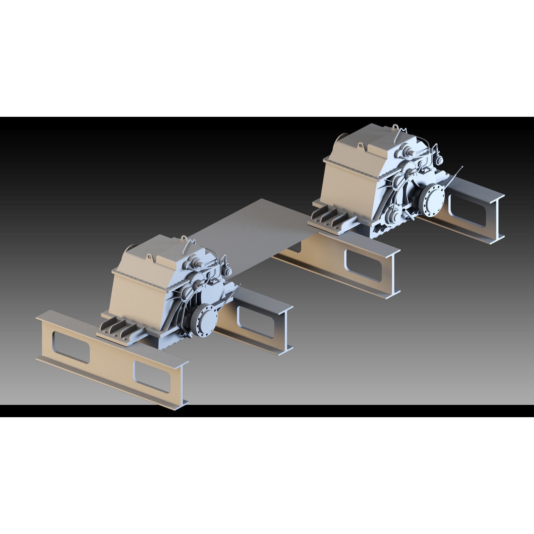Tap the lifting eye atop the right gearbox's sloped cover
361,145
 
